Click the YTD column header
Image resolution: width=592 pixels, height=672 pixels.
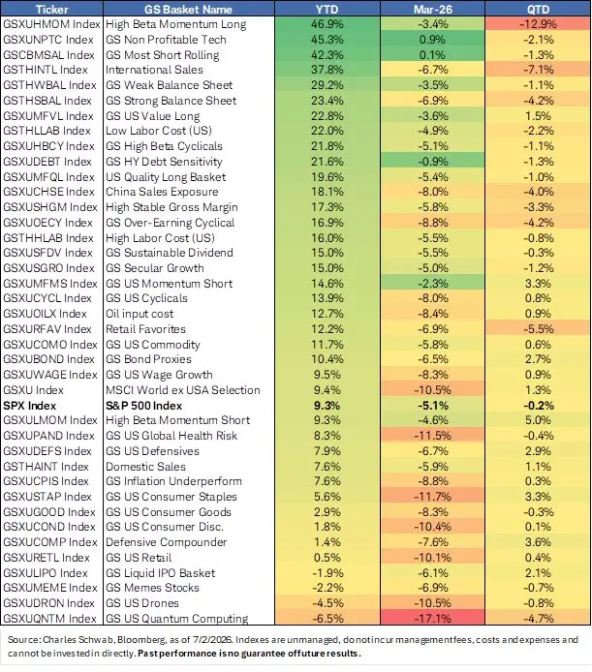pyautogui.click(x=327, y=9)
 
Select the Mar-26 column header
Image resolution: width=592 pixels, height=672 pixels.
pyautogui.click(x=432, y=9)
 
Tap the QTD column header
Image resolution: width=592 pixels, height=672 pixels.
pyautogui.click(x=538, y=9)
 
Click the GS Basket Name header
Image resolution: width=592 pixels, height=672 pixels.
pyautogui.click(x=188, y=9)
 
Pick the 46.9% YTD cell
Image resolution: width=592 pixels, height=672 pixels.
pyautogui.click(x=327, y=24)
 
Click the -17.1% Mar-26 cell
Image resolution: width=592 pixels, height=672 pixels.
pyautogui.click(x=432, y=619)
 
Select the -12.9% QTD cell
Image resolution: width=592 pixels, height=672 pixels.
pyautogui.click(x=538, y=24)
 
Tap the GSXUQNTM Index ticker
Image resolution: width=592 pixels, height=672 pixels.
pyautogui.click(x=49, y=619)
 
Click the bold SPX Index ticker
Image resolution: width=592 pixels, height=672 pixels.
pyautogui.click(x=30, y=406)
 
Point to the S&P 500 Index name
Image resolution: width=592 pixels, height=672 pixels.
pyautogui.click(x=144, y=406)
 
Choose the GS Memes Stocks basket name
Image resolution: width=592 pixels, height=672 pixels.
pyautogui.click(x=153, y=588)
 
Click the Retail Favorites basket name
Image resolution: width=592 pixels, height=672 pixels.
pyautogui.click(x=146, y=329)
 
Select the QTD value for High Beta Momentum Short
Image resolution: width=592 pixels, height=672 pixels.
pyautogui.click(x=538, y=420)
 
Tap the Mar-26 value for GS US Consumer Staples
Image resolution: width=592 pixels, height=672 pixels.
pyautogui.click(x=432, y=497)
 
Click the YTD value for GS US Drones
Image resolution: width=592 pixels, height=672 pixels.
pyautogui.click(x=327, y=603)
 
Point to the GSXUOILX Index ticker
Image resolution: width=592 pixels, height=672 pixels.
pyautogui.click(x=45, y=314)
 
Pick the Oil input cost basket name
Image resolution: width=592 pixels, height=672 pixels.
pyautogui.click(x=140, y=314)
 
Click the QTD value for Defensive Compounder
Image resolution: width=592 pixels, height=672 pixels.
pyautogui.click(x=538, y=542)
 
